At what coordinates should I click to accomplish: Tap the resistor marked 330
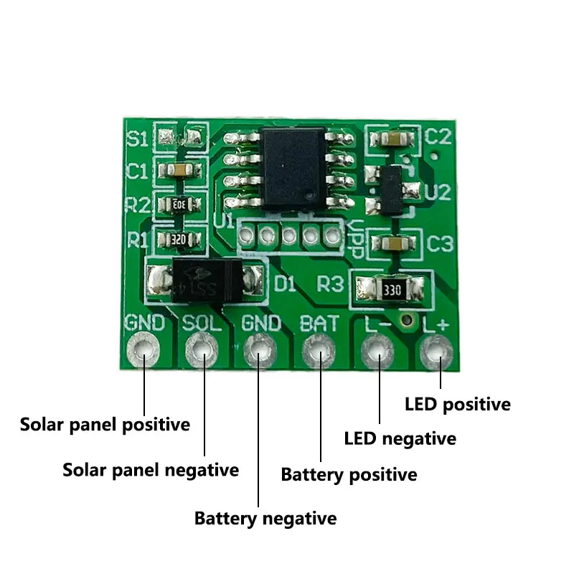390,291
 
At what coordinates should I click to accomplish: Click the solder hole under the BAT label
319,351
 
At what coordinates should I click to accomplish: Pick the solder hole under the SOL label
202,351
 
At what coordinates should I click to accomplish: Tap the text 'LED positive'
458,404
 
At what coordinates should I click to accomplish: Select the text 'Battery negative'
265,518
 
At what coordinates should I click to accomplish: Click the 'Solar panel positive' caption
105,424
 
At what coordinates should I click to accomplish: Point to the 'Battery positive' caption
349,474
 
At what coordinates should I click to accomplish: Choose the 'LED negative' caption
400,438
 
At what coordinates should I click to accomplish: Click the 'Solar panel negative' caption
151,470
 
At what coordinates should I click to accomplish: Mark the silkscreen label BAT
319,324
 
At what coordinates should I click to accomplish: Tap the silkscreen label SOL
203,324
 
